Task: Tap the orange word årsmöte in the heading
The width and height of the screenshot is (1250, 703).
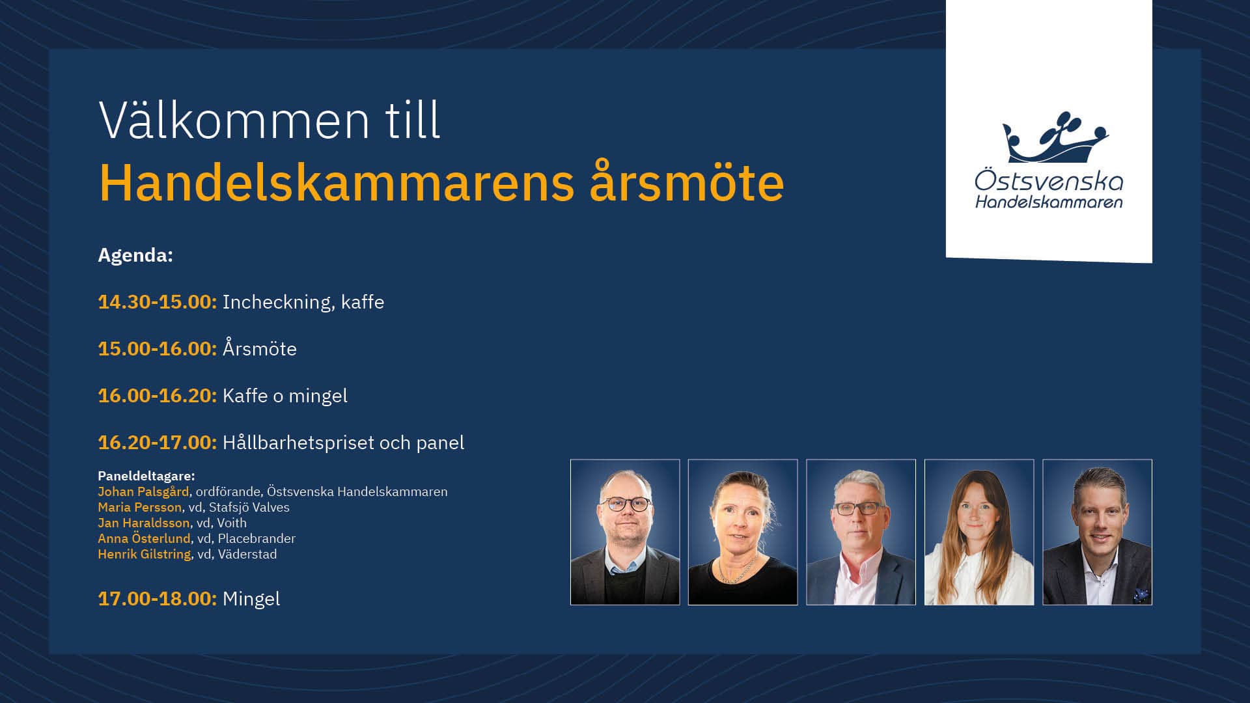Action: [687, 182]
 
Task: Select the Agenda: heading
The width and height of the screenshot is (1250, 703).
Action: [135, 255]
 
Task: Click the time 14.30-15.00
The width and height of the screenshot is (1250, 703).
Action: [157, 302]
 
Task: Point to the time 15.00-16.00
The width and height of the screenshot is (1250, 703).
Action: [157, 349]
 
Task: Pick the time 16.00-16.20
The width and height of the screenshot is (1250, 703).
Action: [157, 396]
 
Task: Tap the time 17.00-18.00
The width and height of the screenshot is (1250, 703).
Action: [157, 599]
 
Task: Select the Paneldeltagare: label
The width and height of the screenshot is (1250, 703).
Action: [146, 476]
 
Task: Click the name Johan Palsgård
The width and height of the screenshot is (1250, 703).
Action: [143, 491]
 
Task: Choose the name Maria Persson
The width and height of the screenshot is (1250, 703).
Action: [139, 507]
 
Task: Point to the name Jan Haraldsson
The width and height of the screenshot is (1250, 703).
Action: [144, 523]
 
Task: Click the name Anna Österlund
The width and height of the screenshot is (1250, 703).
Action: [144, 538]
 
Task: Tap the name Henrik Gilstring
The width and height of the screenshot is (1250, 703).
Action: [145, 554]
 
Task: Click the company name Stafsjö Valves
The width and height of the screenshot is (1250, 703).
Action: [249, 507]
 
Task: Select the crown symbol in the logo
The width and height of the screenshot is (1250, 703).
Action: [1055, 138]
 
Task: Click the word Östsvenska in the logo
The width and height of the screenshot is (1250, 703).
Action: [1049, 180]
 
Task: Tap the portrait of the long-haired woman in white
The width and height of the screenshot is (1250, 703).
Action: [979, 532]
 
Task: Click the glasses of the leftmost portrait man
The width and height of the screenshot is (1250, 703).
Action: [626, 504]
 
